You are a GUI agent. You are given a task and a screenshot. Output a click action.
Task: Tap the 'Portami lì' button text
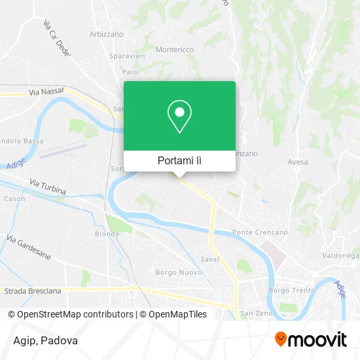pyautogui.click(x=179, y=160)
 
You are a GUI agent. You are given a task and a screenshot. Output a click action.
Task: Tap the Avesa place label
pyautogui.click(x=298, y=161)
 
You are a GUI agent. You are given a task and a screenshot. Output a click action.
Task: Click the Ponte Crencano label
pyautogui.click(x=260, y=232)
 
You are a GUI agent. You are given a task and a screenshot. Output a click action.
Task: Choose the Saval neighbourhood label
pyautogui.click(x=209, y=259)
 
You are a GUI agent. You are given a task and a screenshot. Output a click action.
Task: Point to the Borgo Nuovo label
pyautogui.click(x=173, y=272)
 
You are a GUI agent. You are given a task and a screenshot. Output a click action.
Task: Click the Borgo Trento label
pyautogui.click(x=292, y=290)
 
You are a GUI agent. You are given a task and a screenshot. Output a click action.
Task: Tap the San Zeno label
pyautogui.click(x=252, y=314)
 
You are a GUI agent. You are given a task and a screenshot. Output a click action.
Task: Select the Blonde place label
pyautogui.click(x=107, y=234)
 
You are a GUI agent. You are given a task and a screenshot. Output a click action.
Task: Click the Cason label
pyautogui.click(x=14, y=198)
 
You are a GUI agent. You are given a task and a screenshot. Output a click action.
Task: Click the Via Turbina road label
pyautogui.click(x=48, y=187)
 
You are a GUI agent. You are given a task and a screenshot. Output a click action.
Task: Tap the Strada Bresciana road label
pyautogui.click(x=33, y=290)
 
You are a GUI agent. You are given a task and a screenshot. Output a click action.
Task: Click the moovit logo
pyautogui.click(x=311, y=339)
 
